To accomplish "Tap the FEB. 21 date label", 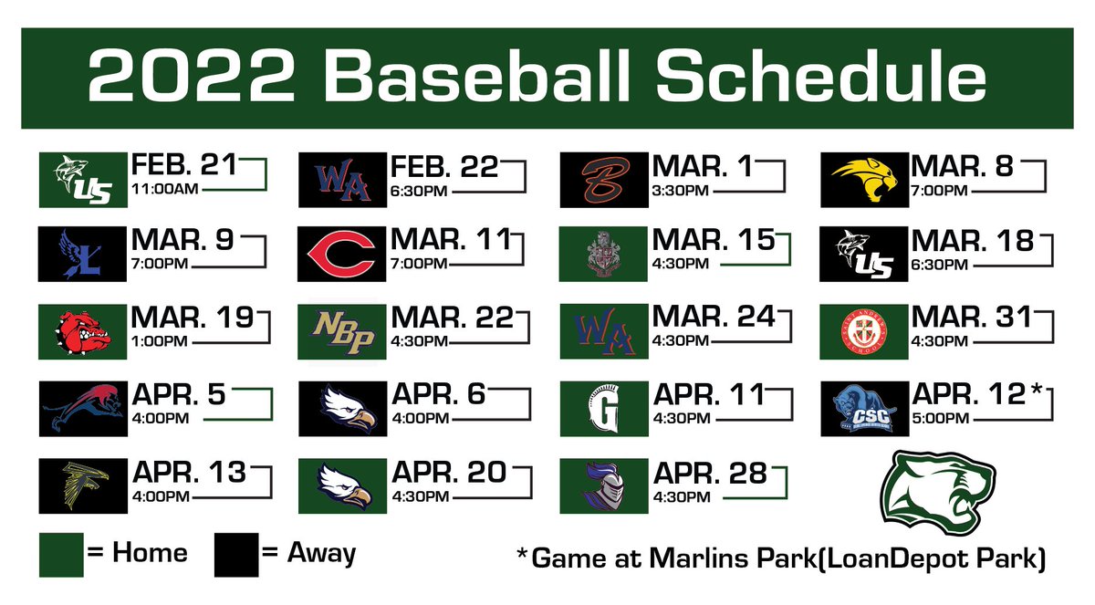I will click(x=183, y=166).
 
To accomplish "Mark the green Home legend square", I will click(x=61, y=556).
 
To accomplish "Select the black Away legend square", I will click(x=236, y=556).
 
